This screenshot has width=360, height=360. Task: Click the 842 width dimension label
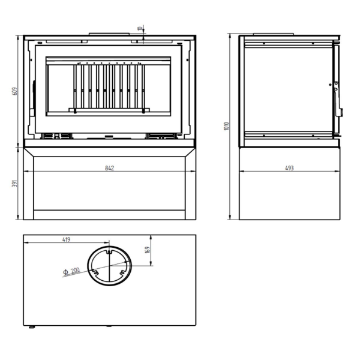110,168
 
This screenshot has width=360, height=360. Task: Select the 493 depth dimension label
289,168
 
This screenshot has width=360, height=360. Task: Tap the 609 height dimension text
14,91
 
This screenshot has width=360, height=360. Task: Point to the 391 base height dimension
14,184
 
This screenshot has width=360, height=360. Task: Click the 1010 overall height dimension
227,126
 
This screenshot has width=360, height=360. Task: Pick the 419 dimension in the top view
66,239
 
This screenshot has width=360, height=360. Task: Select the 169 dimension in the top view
148,250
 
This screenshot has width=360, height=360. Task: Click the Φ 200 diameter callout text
71,271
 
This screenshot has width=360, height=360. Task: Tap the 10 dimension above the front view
140,29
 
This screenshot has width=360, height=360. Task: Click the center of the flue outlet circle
110,266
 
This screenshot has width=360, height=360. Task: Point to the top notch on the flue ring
110,252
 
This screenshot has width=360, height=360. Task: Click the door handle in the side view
337,99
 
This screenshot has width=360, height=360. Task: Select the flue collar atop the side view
273,34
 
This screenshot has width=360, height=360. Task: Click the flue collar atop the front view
109,34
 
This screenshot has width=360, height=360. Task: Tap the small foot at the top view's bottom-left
32,327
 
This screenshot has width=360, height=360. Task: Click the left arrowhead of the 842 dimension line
26,171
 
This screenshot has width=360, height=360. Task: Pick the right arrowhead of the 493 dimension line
337,171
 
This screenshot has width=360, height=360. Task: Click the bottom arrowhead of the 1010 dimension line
230,217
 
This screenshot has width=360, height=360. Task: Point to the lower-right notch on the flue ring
122,273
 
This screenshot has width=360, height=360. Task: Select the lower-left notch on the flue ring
95,272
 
